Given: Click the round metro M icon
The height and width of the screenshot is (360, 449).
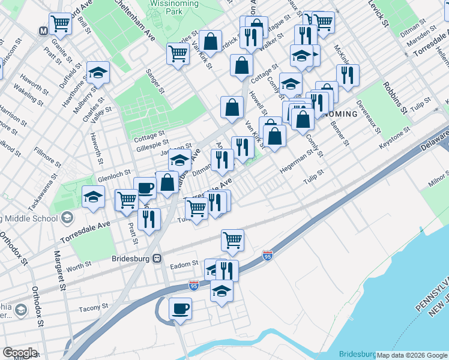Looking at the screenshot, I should tap(44, 30).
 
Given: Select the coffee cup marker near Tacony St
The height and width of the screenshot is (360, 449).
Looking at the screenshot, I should tap(179, 309).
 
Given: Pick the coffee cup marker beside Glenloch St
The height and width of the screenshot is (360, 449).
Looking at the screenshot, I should tap(145, 188).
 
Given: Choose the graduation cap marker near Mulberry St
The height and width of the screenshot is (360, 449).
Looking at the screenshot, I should tap(98, 73).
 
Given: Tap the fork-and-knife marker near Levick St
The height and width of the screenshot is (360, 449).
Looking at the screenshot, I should tap(347, 75).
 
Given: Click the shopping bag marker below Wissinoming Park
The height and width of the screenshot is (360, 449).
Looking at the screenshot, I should tap(210, 41).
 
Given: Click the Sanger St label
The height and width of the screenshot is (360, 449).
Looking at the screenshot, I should tap(155, 81).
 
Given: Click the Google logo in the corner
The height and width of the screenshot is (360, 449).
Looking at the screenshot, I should tap(20, 353).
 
